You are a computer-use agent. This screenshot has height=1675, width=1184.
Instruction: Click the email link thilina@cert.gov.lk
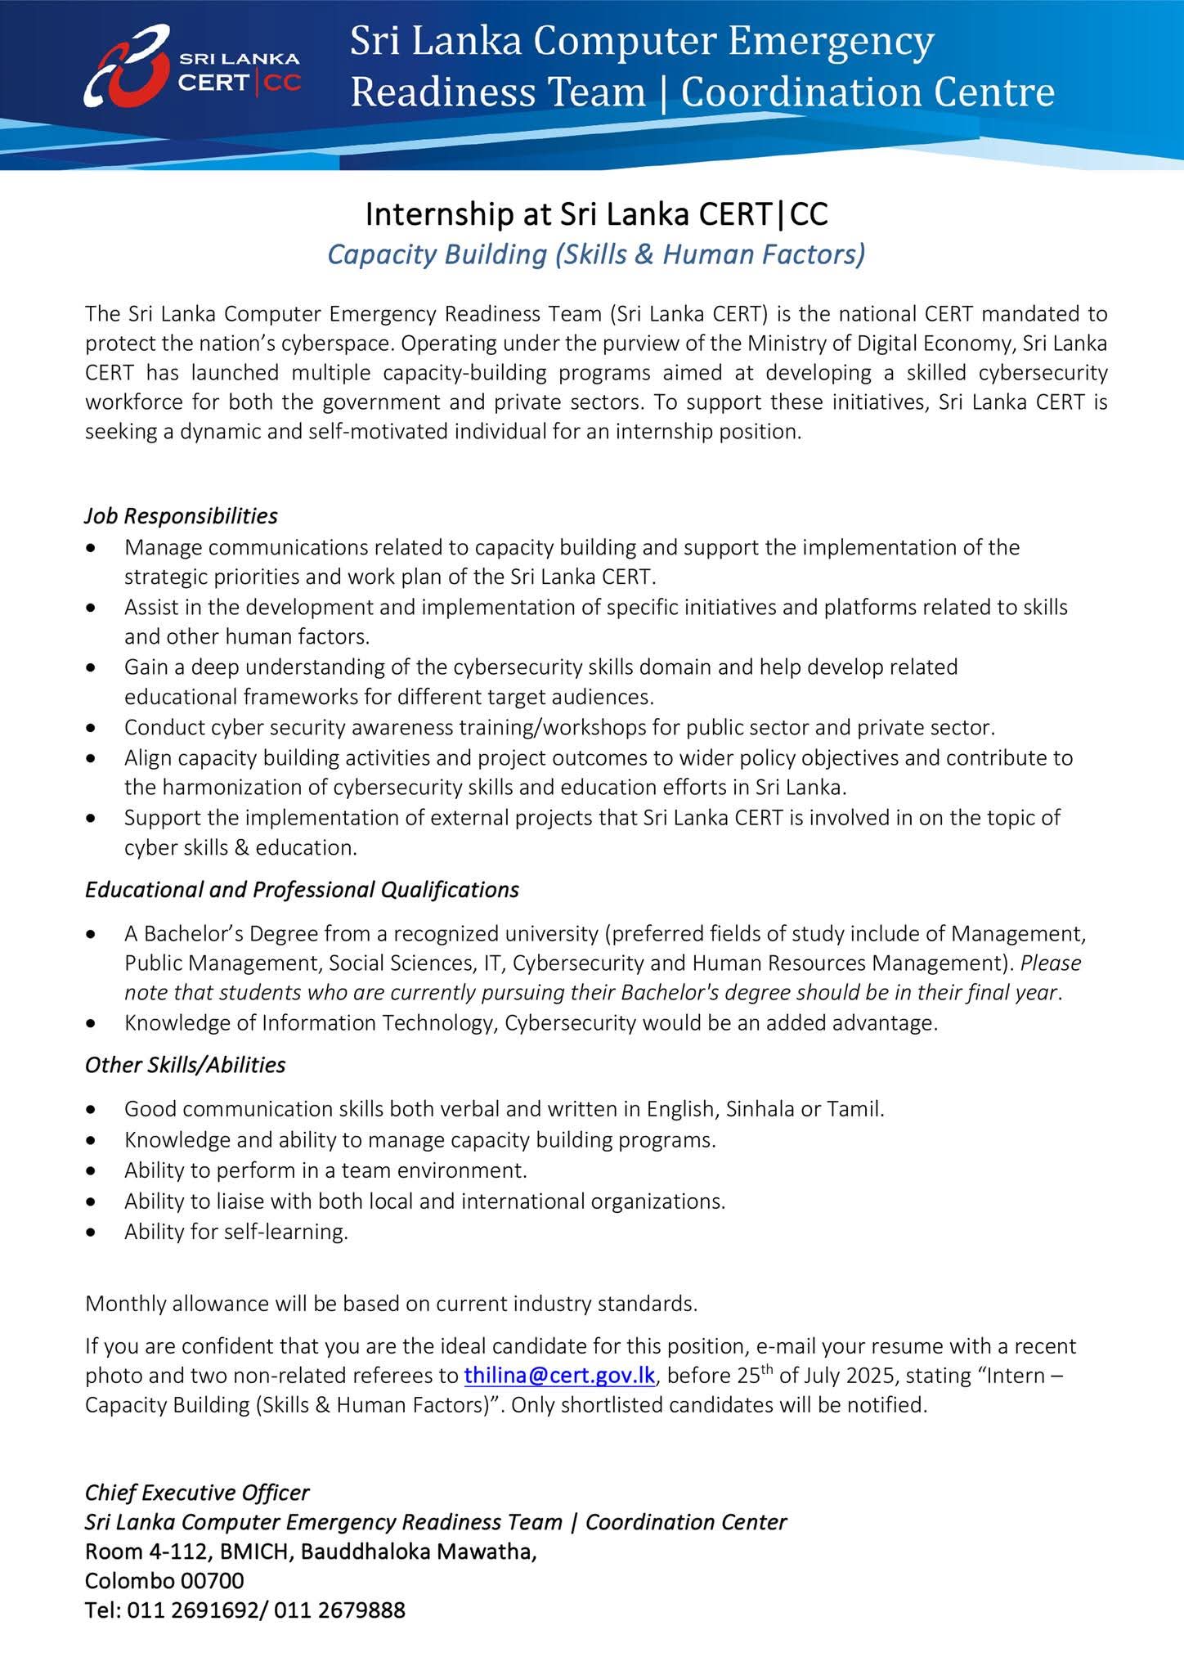(559, 1375)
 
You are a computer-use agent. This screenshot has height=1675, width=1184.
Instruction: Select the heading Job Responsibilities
(181, 516)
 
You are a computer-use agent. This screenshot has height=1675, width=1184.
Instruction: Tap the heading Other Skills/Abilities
(185, 1065)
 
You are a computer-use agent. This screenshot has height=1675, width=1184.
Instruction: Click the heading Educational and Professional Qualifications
(302, 890)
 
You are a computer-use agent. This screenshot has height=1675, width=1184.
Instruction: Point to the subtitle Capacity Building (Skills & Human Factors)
(595, 254)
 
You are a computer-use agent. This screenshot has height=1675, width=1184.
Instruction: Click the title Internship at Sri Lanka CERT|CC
(596, 214)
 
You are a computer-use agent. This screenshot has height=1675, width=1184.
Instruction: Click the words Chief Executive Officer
(197, 1493)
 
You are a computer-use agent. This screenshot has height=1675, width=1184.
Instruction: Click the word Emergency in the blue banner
(830, 41)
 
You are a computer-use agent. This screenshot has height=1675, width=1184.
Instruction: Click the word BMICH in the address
(243, 1552)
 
